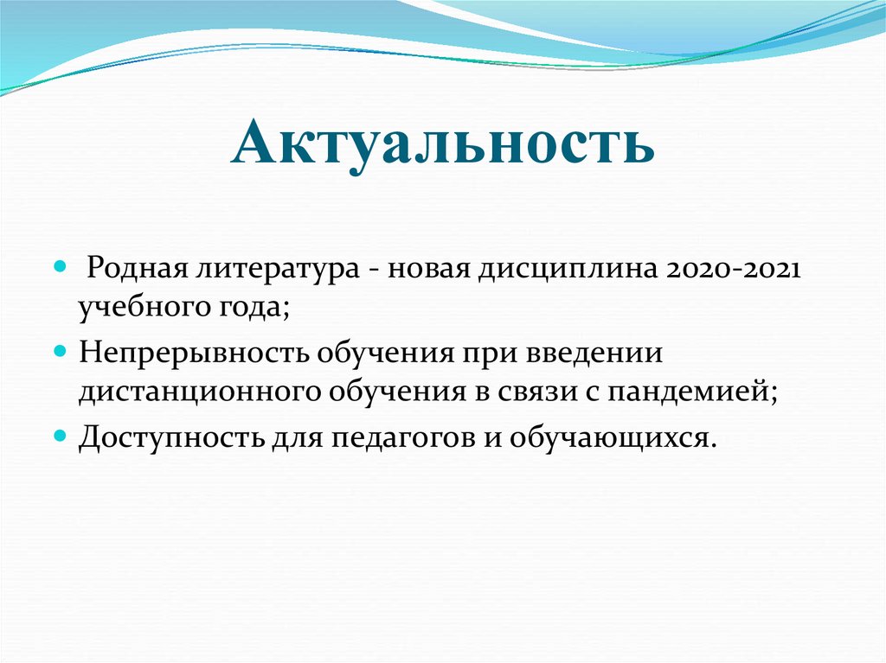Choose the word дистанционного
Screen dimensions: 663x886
tap(198, 392)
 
